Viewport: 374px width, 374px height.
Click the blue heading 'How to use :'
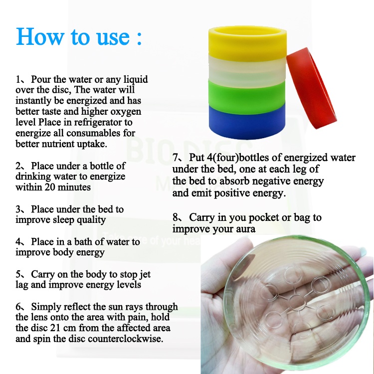click(79, 36)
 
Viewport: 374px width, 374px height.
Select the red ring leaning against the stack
click(311, 88)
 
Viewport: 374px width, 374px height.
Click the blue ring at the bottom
click(247, 122)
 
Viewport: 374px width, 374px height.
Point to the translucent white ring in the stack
click(247, 69)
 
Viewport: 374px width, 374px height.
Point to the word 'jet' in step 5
click(145, 275)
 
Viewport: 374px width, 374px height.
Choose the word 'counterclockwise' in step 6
click(124, 339)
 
